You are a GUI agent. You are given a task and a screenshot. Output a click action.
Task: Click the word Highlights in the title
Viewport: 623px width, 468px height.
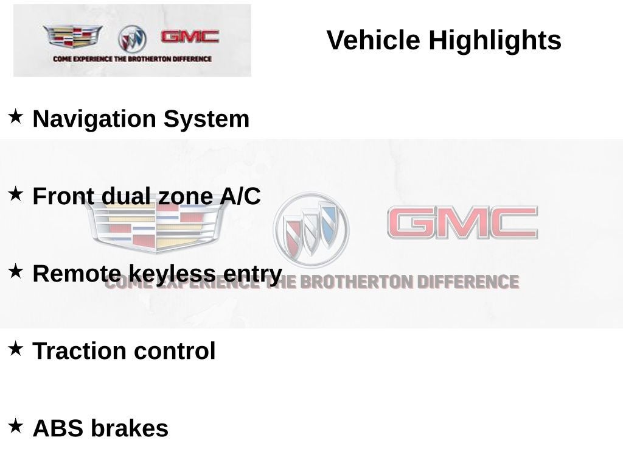495,41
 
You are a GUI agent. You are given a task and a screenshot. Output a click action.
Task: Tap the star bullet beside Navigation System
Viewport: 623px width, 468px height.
15,116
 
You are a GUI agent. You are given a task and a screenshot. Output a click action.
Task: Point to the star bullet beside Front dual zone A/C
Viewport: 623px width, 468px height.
15,194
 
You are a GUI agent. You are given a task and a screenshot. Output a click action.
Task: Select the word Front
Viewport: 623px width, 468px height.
63,196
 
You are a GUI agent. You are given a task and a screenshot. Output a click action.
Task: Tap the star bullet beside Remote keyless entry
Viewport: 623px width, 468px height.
15,271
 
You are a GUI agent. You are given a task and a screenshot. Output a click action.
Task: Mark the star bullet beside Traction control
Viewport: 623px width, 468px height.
15,349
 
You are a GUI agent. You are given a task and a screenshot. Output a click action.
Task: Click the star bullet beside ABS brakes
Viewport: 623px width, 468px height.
15,425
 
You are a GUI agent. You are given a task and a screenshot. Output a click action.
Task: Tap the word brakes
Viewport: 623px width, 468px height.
130,428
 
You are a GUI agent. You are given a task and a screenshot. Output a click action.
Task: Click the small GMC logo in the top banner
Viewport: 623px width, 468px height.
189,37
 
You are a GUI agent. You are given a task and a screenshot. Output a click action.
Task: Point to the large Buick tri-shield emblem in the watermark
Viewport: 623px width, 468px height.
311,230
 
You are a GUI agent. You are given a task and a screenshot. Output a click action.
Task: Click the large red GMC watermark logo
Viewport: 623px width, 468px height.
462,222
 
